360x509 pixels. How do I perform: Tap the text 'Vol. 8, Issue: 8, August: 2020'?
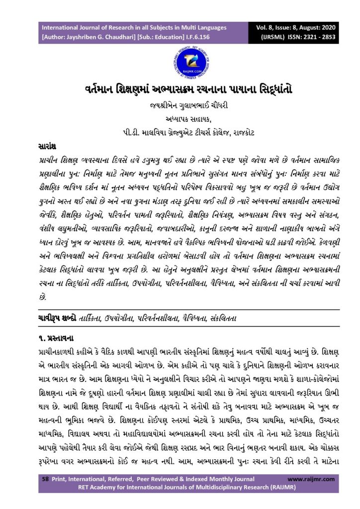pyautogui.click(x=312, y=27)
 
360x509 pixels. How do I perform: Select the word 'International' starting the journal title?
pyautogui.click(x=63, y=27)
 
